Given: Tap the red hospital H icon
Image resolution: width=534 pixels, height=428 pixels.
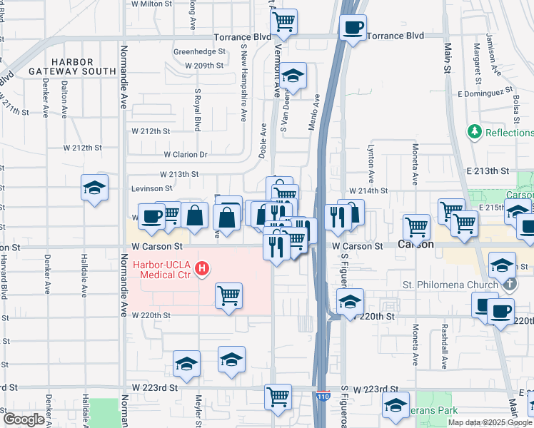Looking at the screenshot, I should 202,269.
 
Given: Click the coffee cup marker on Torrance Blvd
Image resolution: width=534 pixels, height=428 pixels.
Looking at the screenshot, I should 353,28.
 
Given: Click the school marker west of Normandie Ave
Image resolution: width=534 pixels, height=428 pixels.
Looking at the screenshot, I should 94,188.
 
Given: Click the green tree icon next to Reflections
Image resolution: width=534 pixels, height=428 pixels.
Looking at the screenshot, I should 473,132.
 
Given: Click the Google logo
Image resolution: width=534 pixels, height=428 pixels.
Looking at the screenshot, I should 23,419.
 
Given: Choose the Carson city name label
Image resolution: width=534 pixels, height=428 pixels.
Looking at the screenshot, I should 415,245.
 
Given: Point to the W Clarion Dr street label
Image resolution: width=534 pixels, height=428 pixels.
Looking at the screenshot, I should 185,154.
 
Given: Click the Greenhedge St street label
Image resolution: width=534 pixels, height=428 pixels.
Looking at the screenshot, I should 199,51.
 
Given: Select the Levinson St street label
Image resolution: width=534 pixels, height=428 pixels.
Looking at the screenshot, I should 152,189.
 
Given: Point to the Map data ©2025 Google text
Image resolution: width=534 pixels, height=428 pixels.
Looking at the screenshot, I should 490,422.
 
